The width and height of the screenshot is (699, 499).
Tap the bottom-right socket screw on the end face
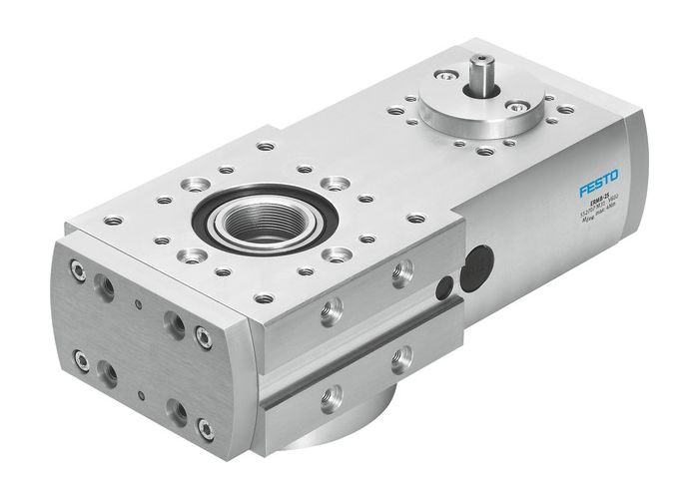[206, 429]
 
